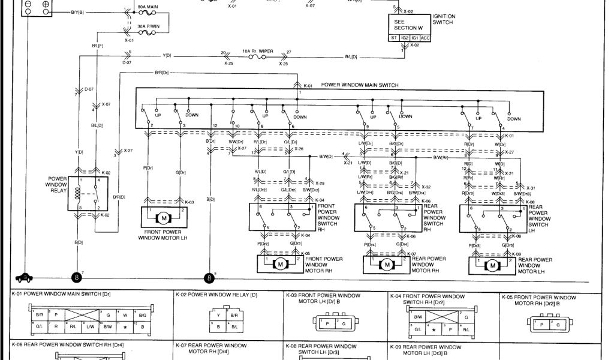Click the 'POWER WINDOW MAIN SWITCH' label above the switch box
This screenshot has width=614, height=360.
tap(360, 86)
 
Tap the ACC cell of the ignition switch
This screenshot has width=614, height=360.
tap(425, 38)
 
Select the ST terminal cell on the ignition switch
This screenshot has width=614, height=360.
tap(394, 38)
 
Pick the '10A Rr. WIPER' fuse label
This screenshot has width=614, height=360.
tap(258, 52)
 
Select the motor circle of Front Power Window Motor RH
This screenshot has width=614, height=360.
tap(279, 265)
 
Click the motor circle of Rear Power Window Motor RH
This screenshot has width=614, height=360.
tap(387, 265)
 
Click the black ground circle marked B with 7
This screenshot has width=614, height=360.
tap(76, 278)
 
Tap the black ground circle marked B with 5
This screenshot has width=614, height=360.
tap(209, 278)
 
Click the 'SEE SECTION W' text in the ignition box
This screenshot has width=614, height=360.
tap(408, 23)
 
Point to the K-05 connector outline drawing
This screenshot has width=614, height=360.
tap(549, 324)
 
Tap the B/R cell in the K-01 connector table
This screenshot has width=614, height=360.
tap(40, 314)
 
